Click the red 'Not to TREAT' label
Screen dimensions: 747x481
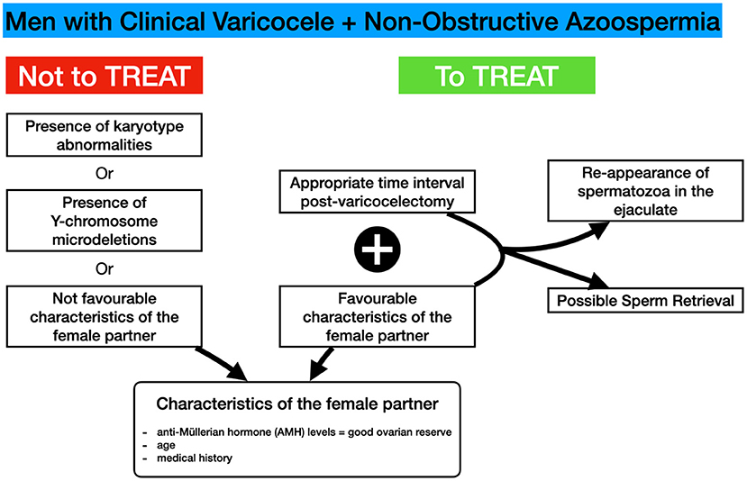pyautogui.click(x=105, y=76)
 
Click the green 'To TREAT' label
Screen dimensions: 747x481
pyautogui.click(x=496, y=76)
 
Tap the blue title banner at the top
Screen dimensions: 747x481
pyautogui.click(x=362, y=20)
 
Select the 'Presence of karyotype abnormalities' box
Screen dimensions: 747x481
pyautogui.click(x=105, y=135)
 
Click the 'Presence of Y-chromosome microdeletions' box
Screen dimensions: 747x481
pyautogui.click(x=105, y=221)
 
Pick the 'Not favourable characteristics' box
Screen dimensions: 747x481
pyautogui.click(x=105, y=317)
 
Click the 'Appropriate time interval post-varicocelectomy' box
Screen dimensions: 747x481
pyautogui.click(x=378, y=192)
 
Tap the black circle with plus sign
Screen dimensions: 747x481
pyautogui.click(x=378, y=250)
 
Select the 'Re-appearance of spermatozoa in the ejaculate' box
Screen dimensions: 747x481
pyautogui.click(x=645, y=190)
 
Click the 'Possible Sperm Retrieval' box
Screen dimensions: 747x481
pyautogui.click(x=645, y=301)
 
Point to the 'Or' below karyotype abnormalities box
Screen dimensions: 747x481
pyautogui.click(x=105, y=173)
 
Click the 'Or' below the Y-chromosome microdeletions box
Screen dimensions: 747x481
pyautogui.click(x=105, y=269)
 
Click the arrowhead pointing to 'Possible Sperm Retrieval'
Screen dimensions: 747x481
pyautogui.click(x=597, y=281)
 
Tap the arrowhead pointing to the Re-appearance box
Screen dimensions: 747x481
pyautogui.click(x=598, y=231)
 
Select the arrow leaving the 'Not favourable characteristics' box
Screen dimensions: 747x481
pyautogui.click(x=222, y=364)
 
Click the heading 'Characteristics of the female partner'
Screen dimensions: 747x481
pyautogui.click(x=297, y=404)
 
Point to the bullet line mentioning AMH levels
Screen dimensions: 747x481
pyautogui.click(x=305, y=432)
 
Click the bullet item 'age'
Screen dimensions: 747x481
pyautogui.click(x=166, y=445)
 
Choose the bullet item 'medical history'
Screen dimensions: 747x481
pyautogui.click(x=195, y=458)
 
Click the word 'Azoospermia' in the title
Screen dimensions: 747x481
pyautogui.click(x=642, y=22)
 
